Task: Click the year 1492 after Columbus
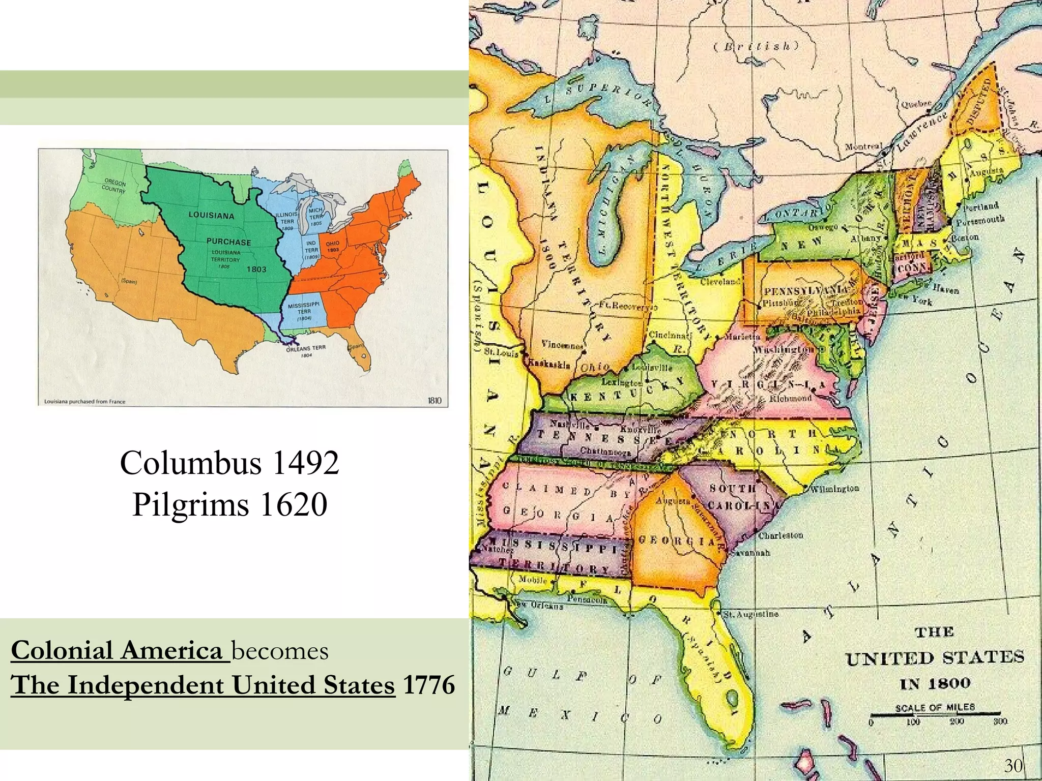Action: (x=306, y=463)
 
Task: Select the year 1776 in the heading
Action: (x=428, y=685)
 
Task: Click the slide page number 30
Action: (x=1014, y=765)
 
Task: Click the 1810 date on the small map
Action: (x=434, y=401)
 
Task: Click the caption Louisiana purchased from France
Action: (x=84, y=401)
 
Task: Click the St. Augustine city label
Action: (x=750, y=614)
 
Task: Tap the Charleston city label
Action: (x=780, y=536)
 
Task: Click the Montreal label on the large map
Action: (x=863, y=146)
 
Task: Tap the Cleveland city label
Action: (x=720, y=281)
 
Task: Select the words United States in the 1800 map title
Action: (x=934, y=658)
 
